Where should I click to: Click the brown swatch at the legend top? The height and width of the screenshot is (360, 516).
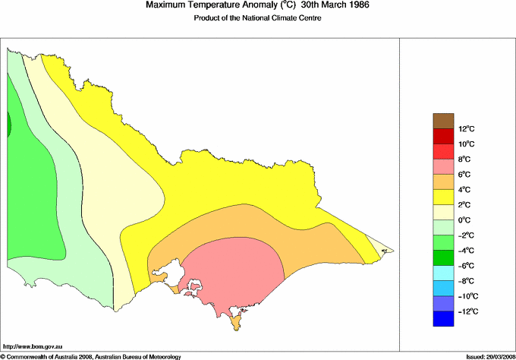(443, 121)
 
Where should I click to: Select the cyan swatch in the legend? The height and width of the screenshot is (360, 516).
(443, 273)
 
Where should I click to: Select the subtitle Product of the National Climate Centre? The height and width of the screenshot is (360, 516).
(258, 18)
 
